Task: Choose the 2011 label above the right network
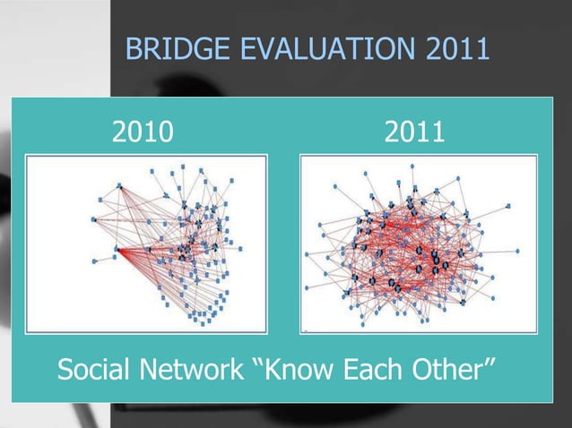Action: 415,133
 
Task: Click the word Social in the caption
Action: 96,368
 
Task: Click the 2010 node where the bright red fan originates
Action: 117,251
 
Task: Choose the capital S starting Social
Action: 65,368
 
